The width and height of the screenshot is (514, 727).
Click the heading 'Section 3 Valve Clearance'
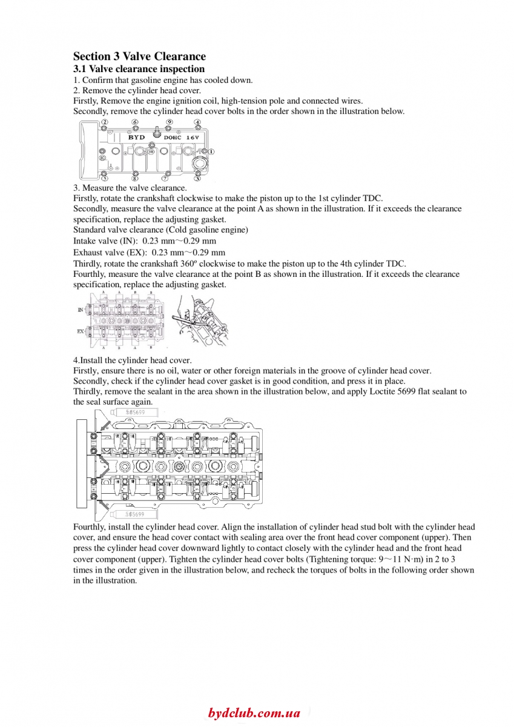tap(139, 56)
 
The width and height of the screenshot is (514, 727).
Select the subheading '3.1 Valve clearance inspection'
tap(139, 69)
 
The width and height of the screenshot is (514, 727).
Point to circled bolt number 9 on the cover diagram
tap(170, 122)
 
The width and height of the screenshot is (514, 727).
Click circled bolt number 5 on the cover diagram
tap(105, 179)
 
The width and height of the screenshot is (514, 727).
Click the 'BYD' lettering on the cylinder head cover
tap(137, 138)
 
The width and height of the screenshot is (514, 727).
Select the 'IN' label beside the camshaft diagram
tap(81, 310)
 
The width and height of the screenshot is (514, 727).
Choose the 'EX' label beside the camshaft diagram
tap(81, 331)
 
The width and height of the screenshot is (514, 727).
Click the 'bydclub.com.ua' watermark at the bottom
tap(254, 713)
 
